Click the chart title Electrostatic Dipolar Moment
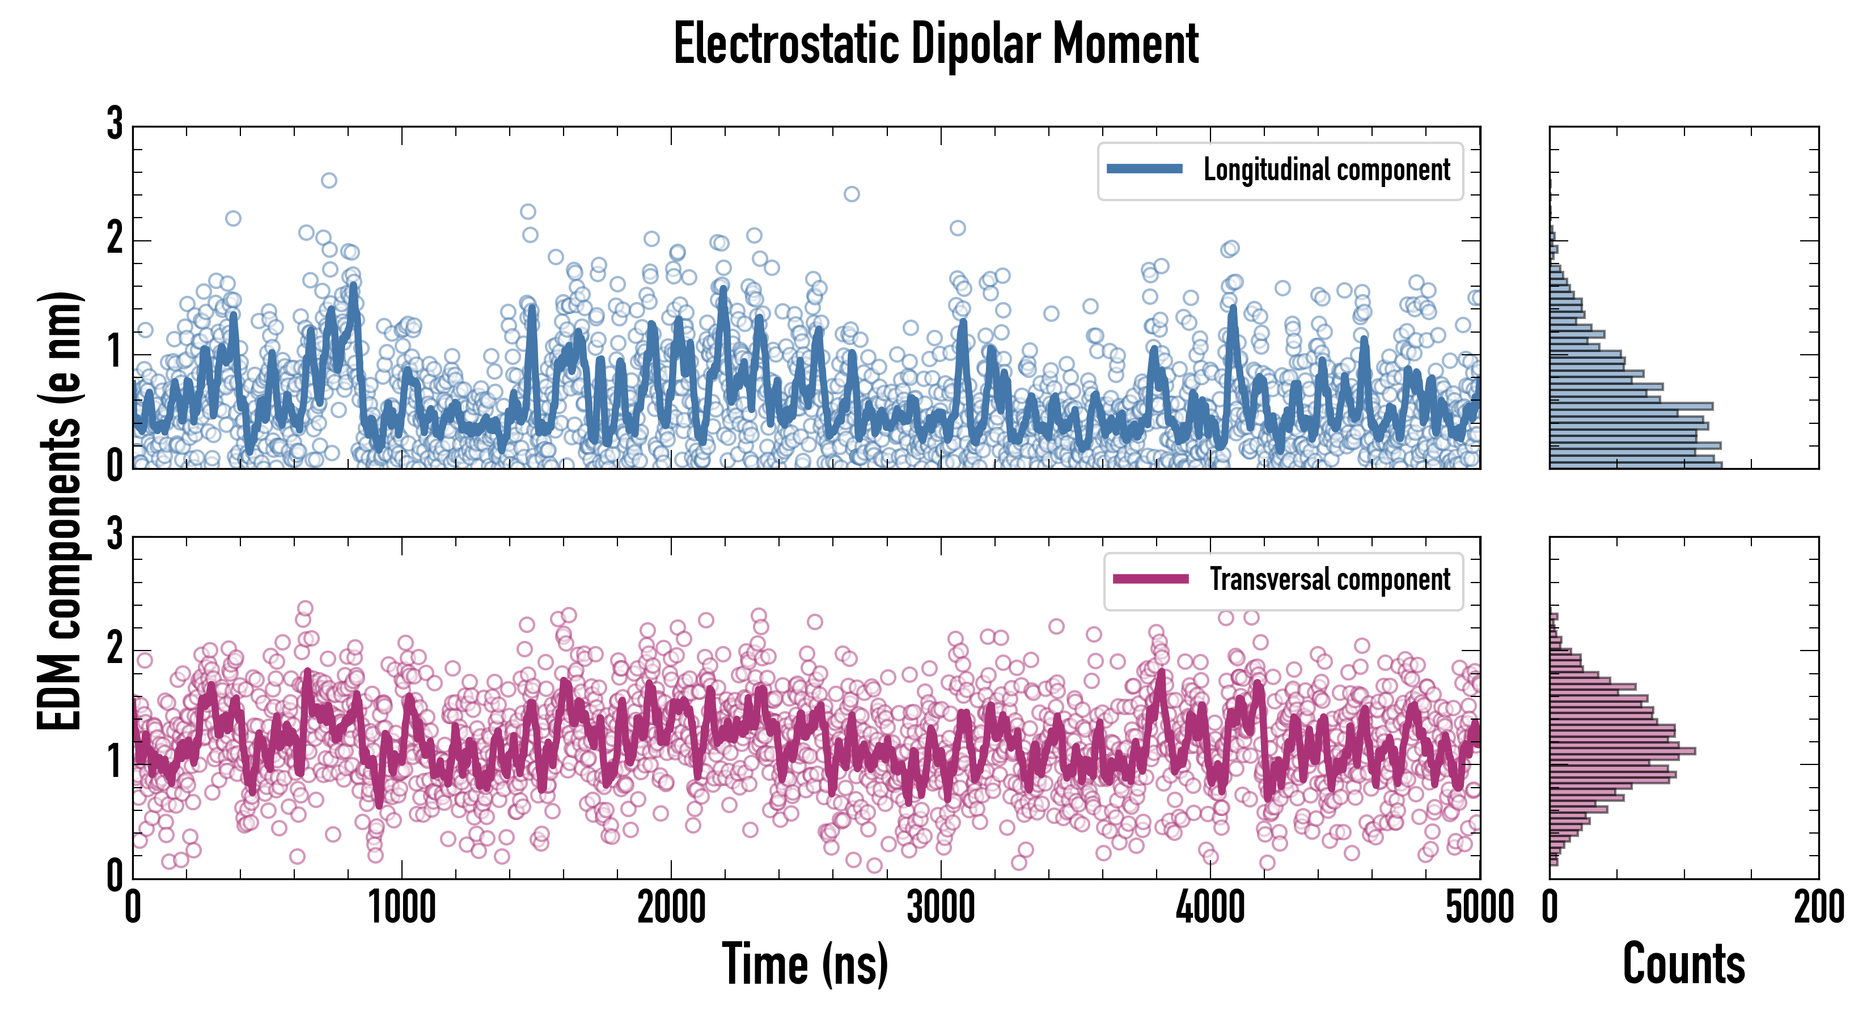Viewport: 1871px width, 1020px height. pos(936,45)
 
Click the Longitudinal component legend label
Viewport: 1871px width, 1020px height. pos(1326,170)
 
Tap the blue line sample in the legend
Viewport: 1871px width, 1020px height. pos(1144,169)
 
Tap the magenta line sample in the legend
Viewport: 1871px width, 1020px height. pos(1150,579)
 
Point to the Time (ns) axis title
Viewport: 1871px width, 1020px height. pos(805,964)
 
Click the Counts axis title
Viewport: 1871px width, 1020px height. pos(1683,964)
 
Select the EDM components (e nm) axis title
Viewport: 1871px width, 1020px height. pos(60,511)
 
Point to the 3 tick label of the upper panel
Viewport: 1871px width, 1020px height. pos(115,124)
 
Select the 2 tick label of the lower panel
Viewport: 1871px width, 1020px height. pos(115,648)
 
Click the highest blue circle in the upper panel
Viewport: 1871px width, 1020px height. pos(329,180)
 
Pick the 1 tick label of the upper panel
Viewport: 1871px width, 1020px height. pos(115,354)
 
